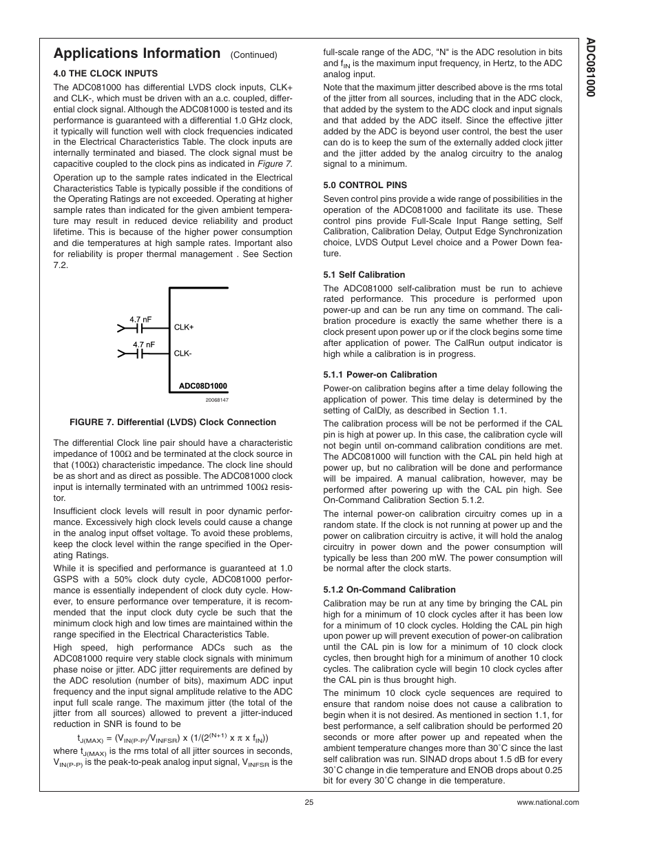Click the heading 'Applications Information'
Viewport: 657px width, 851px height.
pyautogui.click(x=136, y=54)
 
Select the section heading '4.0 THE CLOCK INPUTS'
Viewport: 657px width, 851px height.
pyautogui.click(x=105, y=74)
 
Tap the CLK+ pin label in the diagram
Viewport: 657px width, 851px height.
pyautogui.click(x=184, y=327)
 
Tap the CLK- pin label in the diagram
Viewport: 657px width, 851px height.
pyautogui.click(x=182, y=353)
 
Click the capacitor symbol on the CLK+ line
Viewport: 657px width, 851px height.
pyautogui.click(x=141, y=328)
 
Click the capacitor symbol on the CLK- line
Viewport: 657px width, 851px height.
pyautogui.click(x=141, y=353)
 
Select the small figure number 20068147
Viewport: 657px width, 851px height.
pyautogui.click(x=216, y=400)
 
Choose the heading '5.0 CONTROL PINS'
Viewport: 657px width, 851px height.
pyautogui.click(x=365, y=185)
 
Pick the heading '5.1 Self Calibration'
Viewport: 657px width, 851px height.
pyautogui.click(x=364, y=275)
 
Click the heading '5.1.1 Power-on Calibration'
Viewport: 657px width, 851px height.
pyautogui.click(x=379, y=375)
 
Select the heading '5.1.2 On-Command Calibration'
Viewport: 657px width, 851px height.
pyautogui.click(x=389, y=590)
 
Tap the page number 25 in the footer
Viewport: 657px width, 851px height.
pyautogui.click(x=309, y=802)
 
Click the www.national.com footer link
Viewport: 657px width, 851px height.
pyautogui.click(x=547, y=802)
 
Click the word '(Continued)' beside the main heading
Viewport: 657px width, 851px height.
pyautogui.click(x=253, y=55)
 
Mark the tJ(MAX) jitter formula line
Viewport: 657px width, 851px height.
pyautogui.click(x=173, y=738)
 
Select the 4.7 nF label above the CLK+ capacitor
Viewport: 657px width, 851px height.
pyautogui.click(x=140, y=319)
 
